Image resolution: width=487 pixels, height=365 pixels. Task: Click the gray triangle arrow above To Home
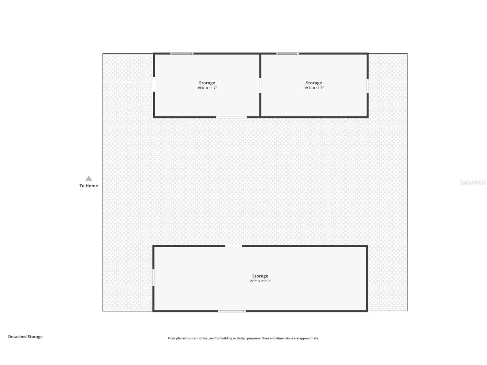[x=89, y=178]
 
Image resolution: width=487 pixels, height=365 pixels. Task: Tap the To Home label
[x=89, y=186]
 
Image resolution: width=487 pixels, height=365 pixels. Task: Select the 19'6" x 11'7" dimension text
[x=207, y=88]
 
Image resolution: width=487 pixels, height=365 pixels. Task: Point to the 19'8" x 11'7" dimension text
[x=314, y=88]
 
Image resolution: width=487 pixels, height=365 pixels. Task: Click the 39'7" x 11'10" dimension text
[x=260, y=281]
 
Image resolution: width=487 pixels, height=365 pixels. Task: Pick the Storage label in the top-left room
[x=207, y=83]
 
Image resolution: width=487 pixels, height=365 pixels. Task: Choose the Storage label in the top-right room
[x=314, y=83]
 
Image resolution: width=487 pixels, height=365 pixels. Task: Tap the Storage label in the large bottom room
[x=260, y=276]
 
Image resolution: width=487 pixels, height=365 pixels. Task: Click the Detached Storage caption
[x=25, y=337]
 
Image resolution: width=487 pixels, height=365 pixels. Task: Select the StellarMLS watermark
[x=472, y=182]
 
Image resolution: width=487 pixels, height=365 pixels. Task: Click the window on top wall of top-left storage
[x=182, y=54]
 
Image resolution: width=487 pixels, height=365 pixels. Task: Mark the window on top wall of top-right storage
[x=288, y=54]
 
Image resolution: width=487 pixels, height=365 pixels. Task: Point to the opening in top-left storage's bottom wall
[x=231, y=117]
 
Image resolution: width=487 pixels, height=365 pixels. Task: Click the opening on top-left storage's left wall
[x=154, y=84]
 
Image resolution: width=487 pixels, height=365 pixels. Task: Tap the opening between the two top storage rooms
[x=260, y=85]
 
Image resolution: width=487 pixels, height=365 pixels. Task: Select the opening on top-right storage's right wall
[x=367, y=86]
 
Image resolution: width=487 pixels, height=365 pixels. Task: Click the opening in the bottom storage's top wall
[x=233, y=246]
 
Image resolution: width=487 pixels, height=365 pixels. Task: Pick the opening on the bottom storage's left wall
[x=154, y=277]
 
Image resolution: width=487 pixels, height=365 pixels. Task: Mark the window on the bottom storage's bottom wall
[x=232, y=311]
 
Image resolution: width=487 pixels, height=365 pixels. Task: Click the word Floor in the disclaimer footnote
[x=172, y=338]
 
